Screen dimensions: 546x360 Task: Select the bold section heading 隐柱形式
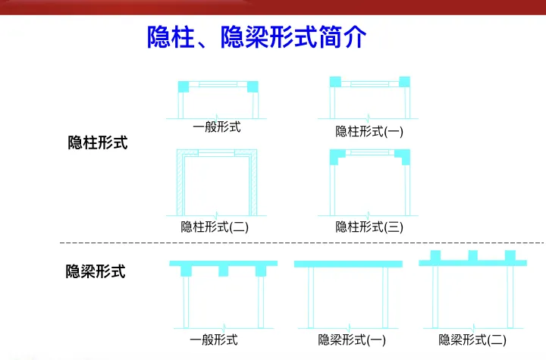click(98, 142)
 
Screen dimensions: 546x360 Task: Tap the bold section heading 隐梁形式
click(96, 271)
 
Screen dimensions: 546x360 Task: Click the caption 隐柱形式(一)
click(369, 131)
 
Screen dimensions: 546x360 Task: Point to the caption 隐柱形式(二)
click(215, 226)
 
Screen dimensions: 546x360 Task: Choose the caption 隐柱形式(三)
click(369, 226)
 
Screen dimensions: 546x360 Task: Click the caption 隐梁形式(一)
click(353, 340)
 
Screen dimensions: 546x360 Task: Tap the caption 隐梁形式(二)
click(472, 340)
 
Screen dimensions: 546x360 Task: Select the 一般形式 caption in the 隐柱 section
click(217, 127)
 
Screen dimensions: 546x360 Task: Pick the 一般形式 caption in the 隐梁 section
click(214, 340)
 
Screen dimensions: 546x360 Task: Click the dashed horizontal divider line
click(303, 243)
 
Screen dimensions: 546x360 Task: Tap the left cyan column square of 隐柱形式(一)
click(334, 81)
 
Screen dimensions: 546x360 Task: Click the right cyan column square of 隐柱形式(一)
click(404, 81)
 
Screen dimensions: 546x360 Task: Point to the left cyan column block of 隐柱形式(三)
click(337, 157)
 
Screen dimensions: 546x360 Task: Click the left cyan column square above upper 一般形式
click(184, 86)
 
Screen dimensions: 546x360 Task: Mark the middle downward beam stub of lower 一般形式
click(223, 271)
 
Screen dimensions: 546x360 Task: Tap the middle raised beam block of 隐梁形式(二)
click(472, 255)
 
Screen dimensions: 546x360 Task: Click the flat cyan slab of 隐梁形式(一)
click(347, 264)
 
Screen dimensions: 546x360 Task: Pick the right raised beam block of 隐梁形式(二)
click(510, 255)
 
